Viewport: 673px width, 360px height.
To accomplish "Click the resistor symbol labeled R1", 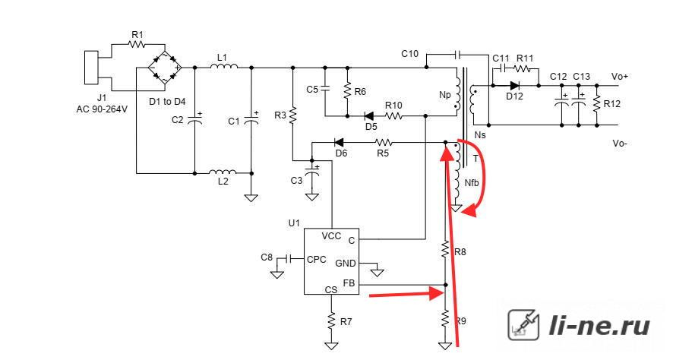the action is click(x=137, y=44).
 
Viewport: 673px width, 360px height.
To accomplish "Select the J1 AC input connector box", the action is click(x=91, y=68).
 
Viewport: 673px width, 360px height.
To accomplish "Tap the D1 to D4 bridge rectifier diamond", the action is click(x=164, y=68).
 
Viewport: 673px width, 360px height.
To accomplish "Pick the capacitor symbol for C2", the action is click(x=194, y=120).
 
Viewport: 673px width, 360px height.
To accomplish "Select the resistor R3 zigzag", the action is click(x=292, y=115).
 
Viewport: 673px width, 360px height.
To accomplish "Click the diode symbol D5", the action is click(x=368, y=116).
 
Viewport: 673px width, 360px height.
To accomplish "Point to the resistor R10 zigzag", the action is click(x=393, y=116).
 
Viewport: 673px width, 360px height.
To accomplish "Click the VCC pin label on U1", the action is click(x=331, y=236).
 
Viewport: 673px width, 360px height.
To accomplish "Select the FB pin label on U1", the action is click(x=349, y=283).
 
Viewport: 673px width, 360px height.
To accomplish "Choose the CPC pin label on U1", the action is click(x=316, y=259).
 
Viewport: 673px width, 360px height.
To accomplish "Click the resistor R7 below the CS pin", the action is click(x=331, y=321).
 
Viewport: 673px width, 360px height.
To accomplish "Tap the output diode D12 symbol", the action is click(x=514, y=86).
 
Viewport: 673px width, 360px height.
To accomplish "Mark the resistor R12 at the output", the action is click(x=596, y=104).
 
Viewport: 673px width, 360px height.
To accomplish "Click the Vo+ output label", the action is click(x=620, y=77).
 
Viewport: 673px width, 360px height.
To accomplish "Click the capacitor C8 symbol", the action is click(x=289, y=259).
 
